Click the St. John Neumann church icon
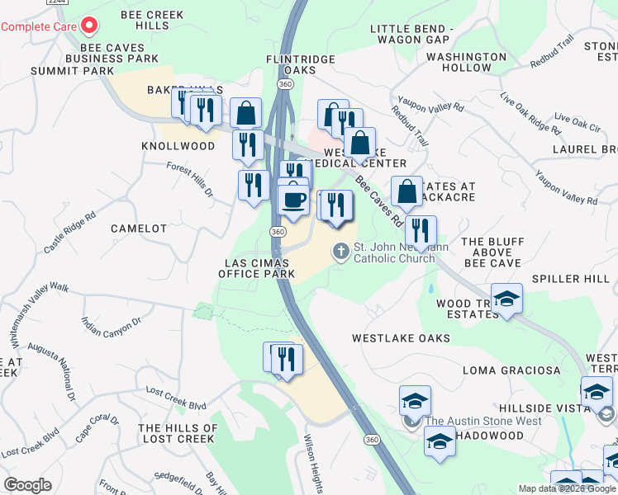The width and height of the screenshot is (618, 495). (340, 251)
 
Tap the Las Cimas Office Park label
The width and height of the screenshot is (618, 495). (256, 267)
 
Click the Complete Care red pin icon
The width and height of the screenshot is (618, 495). (88, 26)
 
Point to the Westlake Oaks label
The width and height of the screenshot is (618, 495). (401, 338)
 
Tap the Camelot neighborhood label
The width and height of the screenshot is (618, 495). (139, 229)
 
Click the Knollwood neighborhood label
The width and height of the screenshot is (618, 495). (178, 146)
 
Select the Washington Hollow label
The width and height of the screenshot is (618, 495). (467, 62)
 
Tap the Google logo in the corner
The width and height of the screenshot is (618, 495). (27, 485)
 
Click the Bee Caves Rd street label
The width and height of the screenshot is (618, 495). (378, 201)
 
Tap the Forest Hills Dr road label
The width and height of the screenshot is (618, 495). (190, 179)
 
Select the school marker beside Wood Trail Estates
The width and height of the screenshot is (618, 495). (506, 298)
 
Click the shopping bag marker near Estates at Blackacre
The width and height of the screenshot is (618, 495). (406, 192)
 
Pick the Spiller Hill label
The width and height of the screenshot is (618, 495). (578, 280)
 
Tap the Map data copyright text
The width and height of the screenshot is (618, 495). (567, 488)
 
